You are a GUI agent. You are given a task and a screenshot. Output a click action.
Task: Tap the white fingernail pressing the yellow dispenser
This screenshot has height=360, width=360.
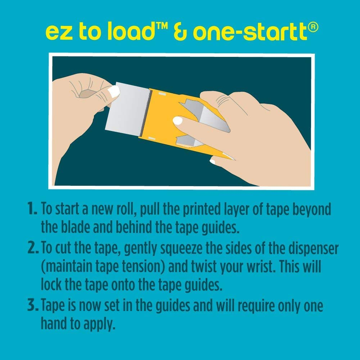(178, 121)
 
